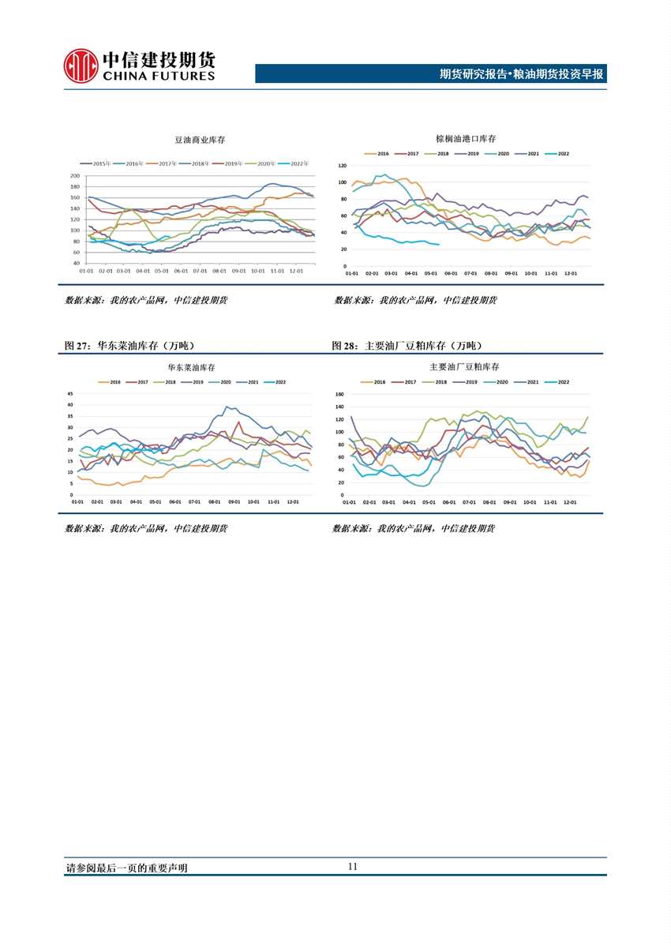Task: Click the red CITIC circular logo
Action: tap(81, 66)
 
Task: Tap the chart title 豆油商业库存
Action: tap(199, 140)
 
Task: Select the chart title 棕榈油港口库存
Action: tap(466, 138)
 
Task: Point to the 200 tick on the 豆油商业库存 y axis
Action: tap(75, 176)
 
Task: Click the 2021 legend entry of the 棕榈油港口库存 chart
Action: tap(533, 153)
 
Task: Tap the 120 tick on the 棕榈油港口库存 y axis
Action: tap(342, 166)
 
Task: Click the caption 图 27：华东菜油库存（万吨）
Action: tap(130, 346)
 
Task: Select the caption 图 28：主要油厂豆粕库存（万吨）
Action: tap(407, 346)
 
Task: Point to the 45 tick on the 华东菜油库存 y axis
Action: tap(70, 393)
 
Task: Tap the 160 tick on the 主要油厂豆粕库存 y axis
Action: tap(340, 394)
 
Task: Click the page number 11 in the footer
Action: tap(352, 866)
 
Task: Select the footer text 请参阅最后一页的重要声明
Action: tap(126, 868)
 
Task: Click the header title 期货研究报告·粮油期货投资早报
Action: tap(521, 74)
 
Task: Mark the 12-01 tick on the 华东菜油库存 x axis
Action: tap(292, 501)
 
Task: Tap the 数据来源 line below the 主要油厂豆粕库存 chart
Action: tap(413, 528)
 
